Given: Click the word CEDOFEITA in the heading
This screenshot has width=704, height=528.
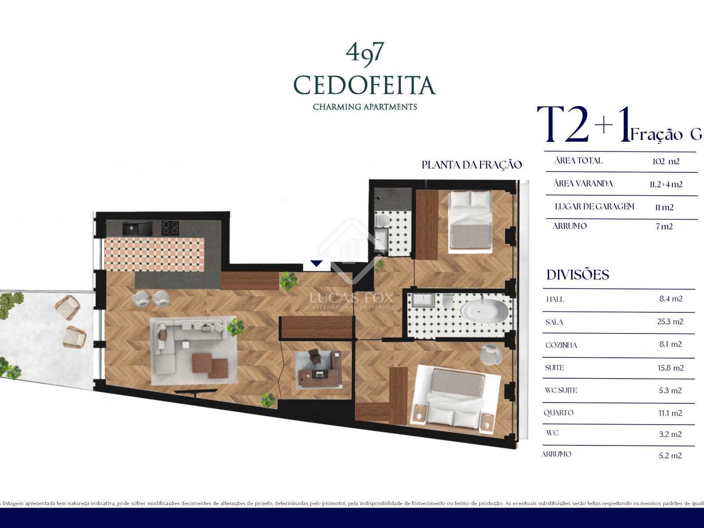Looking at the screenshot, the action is [x=364, y=85].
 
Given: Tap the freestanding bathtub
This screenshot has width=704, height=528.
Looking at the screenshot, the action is [x=484, y=311].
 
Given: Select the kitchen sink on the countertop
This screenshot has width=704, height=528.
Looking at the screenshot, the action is [x=137, y=228].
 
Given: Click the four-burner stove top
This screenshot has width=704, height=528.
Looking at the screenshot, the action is [x=170, y=228].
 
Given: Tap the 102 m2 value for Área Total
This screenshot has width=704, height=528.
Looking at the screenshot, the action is [x=666, y=161].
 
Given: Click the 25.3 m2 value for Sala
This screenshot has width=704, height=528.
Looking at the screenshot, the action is [x=670, y=322].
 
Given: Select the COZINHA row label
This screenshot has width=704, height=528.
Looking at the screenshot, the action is [x=561, y=345].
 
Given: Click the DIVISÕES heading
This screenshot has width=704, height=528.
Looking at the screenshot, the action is [x=578, y=275].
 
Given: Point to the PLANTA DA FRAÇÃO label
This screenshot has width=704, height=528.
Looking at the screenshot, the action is [x=472, y=165].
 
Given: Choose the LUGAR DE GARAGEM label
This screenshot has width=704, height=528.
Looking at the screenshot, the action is [x=594, y=206].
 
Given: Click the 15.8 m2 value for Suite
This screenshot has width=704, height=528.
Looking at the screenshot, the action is [x=671, y=368].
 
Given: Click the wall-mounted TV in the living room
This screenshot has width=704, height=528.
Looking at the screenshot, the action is [x=196, y=392].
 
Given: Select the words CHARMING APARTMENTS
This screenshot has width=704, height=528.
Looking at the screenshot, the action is [x=365, y=107].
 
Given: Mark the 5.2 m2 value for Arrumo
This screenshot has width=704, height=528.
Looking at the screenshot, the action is [x=670, y=455].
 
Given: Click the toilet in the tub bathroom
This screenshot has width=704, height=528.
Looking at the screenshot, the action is [x=447, y=301].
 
